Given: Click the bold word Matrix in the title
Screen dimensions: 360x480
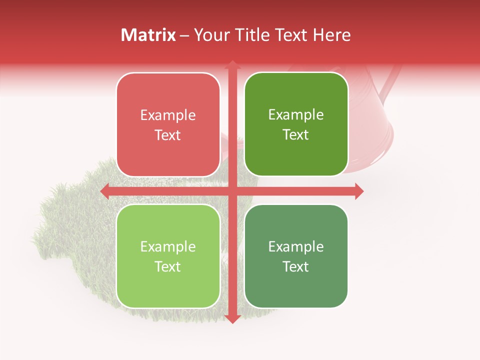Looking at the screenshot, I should click(x=148, y=35).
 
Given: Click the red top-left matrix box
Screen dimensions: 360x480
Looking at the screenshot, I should click(x=168, y=124).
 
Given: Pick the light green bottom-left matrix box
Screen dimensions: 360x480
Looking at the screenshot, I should click(x=168, y=256).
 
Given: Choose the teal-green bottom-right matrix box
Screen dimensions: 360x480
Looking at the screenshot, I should click(x=296, y=256).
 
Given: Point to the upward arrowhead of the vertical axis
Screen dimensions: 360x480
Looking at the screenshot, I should click(x=232, y=65).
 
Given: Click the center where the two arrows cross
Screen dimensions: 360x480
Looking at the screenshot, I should click(x=232, y=191).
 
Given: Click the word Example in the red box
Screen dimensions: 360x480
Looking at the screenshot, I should click(x=168, y=115).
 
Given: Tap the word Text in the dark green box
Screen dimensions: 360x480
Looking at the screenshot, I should click(x=296, y=134).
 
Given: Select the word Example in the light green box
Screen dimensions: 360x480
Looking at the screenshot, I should click(x=168, y=246).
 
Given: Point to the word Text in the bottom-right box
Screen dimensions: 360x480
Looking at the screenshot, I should click(x=296, y=266).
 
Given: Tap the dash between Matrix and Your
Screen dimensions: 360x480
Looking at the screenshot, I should click(x=184, y=35).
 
